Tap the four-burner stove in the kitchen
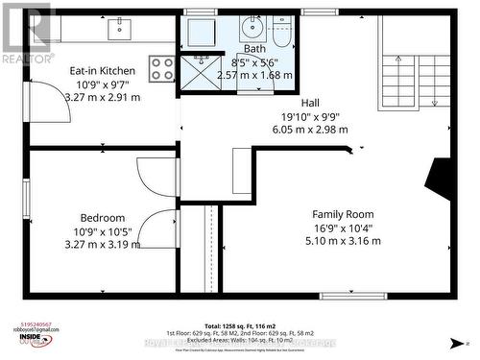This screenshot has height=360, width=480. [x=162, y=68]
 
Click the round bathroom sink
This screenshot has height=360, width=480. [x=252, y=26]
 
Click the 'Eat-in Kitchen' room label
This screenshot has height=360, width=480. [x=102, y=71]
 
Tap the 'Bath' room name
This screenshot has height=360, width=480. [x=254, y=49]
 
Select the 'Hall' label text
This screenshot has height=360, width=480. [x=309, y=102]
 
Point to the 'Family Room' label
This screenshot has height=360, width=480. [x=343, y=214]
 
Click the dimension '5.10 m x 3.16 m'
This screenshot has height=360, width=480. [x=342, y=241]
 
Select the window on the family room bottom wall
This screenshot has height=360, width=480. [x=353, y=296]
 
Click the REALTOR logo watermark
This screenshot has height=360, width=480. [x=26, y=32]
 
